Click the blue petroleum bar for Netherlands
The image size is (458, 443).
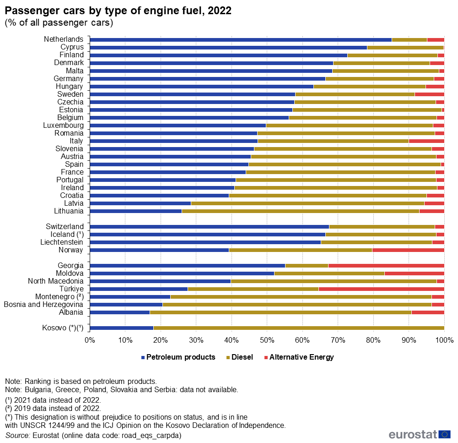(x=241, y=39)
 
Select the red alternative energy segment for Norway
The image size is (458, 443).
(x=408, y=250)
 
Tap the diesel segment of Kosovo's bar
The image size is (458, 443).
(x=299, y=328)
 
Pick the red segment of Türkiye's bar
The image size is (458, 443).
(x=381, y=289)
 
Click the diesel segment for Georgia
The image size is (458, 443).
(x=307, y=266)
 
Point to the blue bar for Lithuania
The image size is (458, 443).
(x=136, y=211)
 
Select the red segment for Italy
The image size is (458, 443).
(x=426, y=141)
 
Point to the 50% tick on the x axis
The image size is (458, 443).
(x=267, y=340)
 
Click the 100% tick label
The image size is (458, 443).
(x=444, y=340)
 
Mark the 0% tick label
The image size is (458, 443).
(x=90, y=340)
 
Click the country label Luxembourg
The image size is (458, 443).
(x=63, y=126)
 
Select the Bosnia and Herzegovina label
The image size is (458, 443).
(x=43, y=305)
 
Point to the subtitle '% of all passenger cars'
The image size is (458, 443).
(x=59, y=22)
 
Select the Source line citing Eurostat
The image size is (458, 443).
(x=93, y=435)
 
